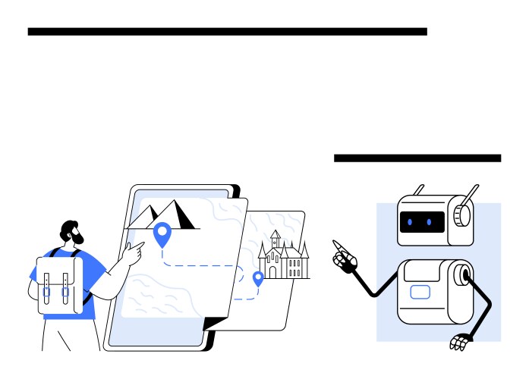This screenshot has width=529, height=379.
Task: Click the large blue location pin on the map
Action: pyautogui.click(x=162, y=233)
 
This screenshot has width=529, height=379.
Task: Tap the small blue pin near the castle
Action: pyautogui.click(x=258, y=277)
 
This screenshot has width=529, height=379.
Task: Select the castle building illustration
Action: pyautogui.click(x=283, y=256)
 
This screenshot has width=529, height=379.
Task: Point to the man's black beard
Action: pyautogui.click(x=77, y=239)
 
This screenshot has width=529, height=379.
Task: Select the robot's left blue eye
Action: pyautogui.click(x=410, y=222)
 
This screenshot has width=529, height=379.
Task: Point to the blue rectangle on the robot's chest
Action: pyautogui.click(x=420, y=292)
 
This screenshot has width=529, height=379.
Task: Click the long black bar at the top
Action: pyautogui.click(x=227, y=32)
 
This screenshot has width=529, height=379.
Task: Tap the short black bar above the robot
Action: pyautogui.click(x=417, y=158)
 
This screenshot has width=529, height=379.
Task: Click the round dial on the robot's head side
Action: pyautogui.click(x=461, y=215)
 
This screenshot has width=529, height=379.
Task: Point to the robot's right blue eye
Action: pyautogui.click(x=430, y=222)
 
